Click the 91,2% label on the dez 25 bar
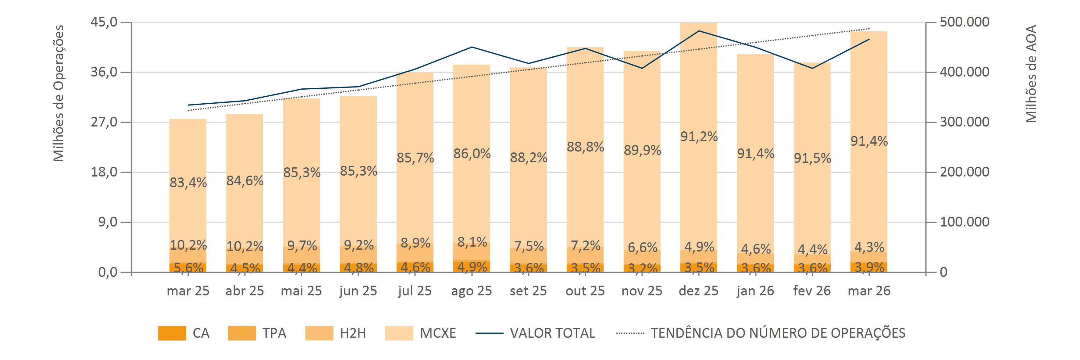point(699,137)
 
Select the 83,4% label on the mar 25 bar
point(188,182)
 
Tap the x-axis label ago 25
point(471,291)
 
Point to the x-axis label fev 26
point(812,291)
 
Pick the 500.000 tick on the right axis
point(964,22)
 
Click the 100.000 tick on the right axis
point(964,222)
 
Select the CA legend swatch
point(172,333)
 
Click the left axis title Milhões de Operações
point(59,93)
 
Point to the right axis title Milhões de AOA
point(1031,74)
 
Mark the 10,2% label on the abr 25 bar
point(245,246)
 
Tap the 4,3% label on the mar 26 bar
point(869,247)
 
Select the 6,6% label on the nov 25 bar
point(642,248)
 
